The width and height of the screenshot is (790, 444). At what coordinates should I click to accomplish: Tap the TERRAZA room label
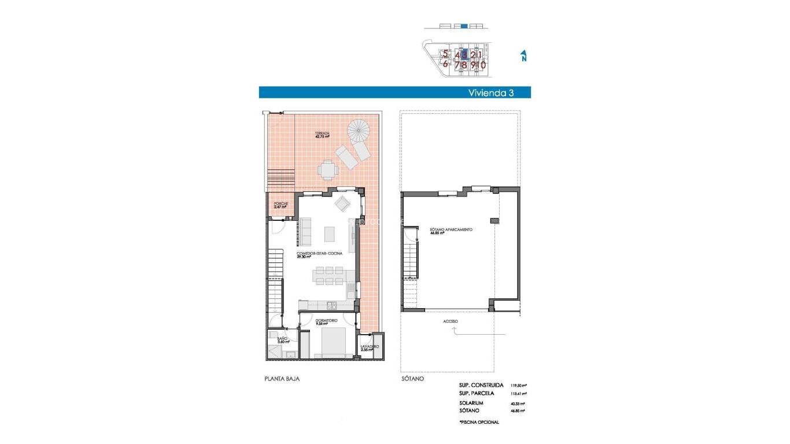(322, 135)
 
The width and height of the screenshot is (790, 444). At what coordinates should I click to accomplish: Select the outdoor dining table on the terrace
(328, 170)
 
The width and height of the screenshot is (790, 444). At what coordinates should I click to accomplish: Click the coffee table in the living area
(330, 234)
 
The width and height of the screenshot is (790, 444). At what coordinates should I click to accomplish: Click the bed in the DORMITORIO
(330, 342)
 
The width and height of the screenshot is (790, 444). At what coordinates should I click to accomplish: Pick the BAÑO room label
(282, 340)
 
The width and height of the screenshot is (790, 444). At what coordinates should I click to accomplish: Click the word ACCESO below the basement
(451, 321)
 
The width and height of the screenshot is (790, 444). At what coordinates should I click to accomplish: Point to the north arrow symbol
(523, 55)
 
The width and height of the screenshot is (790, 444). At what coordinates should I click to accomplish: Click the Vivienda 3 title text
(490, 92)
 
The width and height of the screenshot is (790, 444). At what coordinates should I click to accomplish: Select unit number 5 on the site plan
(445, 54)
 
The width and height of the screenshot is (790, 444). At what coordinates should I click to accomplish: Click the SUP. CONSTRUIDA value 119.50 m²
(518, 385)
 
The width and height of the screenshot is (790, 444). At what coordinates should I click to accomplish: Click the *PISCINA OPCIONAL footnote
(479, 422)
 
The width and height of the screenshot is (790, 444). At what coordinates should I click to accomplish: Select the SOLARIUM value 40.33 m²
(517, 404)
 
